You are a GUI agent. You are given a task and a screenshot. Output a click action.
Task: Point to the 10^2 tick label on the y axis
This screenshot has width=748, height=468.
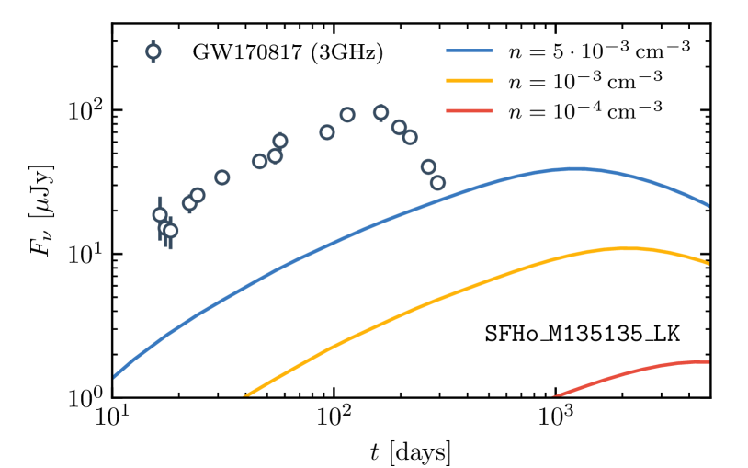85,110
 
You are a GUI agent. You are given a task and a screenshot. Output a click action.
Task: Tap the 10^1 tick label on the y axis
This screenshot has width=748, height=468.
85,255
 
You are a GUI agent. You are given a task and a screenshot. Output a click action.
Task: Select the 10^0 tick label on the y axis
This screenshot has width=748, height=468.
85,399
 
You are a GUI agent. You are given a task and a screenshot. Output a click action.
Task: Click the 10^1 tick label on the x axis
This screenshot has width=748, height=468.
112,418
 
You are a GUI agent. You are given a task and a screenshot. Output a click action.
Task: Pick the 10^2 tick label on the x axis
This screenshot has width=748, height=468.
334,418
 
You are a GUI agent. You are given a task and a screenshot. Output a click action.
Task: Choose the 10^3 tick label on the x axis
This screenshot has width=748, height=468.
555,418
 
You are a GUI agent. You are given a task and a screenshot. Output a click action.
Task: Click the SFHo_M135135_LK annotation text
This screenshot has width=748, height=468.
583,332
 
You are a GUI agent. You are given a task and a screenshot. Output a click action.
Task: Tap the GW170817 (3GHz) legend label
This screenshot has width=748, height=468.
287,52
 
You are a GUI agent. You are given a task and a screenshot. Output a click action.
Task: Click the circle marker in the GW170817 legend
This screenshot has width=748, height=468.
153,51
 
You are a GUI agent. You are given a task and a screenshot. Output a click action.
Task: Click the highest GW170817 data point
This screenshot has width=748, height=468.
380,113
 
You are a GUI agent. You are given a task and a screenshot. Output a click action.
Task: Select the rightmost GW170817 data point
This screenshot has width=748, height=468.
437,183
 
